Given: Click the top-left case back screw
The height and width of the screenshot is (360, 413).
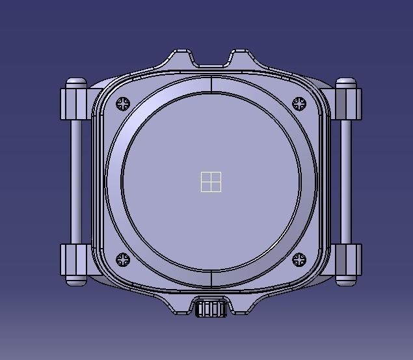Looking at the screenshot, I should [x=124, y=104].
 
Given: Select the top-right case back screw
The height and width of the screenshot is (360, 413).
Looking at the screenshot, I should [x=299, y=104].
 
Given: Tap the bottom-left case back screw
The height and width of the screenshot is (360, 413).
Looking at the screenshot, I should [x=124, y=260].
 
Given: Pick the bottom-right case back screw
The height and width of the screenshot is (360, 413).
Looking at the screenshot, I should [x=299, y=260].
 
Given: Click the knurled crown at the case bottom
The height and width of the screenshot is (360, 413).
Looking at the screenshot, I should [x=211, y=308].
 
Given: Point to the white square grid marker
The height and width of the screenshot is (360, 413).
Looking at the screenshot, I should [x=211, y=182].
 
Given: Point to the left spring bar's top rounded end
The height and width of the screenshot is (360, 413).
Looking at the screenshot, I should [x=76, y=82].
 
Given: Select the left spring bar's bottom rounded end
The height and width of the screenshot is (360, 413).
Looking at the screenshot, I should [x=76, y=281].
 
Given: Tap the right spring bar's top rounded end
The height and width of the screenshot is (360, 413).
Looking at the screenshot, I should [x=346, y=82].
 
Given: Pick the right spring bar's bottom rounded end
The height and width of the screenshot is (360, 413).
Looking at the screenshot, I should [x=346, y=281].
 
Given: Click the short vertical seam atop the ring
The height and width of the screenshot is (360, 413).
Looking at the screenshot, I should [x=211, y=85].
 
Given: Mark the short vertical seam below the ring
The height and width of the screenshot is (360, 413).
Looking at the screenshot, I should [x=211, y=279].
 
